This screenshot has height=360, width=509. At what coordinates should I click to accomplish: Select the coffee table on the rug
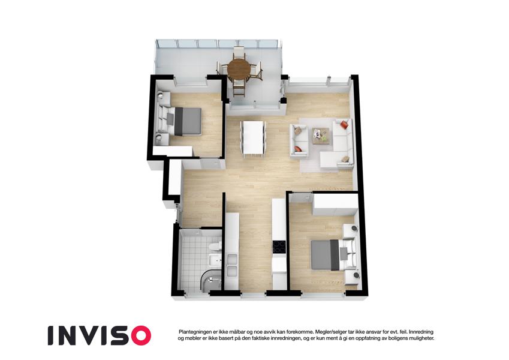coord(320,135)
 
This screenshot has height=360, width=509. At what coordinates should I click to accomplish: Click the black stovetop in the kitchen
coord(279,247)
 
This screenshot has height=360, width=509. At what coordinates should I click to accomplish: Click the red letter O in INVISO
coord(139,335)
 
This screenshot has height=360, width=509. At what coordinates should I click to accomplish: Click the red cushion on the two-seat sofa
coord(297,149)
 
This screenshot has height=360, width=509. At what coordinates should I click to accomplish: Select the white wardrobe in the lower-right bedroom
coord(334,205)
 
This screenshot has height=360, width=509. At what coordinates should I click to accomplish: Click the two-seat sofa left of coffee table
coord(299,141)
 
